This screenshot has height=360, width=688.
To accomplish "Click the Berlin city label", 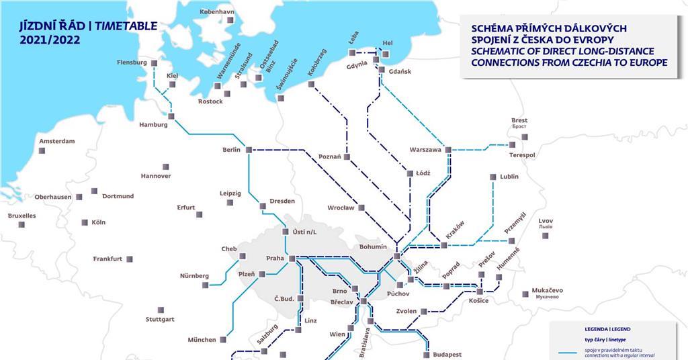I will coord(231,150).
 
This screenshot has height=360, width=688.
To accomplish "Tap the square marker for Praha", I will coord(292,258).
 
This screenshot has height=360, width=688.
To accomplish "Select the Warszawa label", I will coord(425,150).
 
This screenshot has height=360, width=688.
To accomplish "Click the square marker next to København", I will coord(230,21).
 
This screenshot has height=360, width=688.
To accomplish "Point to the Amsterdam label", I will coord(56,141).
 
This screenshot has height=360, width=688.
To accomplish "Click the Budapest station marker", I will coord(426,354).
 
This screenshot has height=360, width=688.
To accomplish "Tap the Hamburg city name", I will coord(153,125).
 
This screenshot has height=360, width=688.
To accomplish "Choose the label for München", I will coord(202,340).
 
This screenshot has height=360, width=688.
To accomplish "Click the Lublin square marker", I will coord(492,177).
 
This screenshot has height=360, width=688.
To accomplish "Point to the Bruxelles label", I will coord(21,216).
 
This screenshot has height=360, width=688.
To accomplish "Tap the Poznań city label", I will coord(331,157).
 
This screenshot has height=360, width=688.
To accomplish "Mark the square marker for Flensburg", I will coord(154,63).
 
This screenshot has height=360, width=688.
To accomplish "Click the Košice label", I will coord(478,300).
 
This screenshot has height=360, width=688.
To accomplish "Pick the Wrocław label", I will coord(341,208).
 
